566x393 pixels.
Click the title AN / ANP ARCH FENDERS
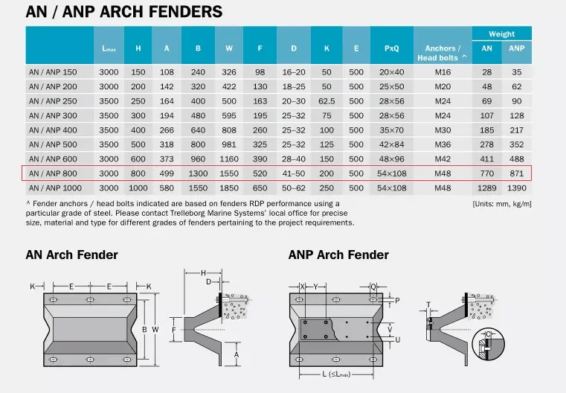click(x=123, y=12)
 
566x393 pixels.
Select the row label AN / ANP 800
click(x=53, y=173)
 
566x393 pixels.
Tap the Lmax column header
click(x=109, y=49)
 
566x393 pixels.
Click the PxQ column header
click(x=391, y=49)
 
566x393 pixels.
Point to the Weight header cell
click(x=501, y=34)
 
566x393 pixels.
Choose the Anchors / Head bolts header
click(x=443, y=53)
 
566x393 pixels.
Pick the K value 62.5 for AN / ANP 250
click(x=327, y=101)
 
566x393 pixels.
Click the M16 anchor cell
click(x=443, y=72)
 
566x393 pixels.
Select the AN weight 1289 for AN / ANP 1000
click(x=486, y=188)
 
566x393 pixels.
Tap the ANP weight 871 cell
click(x=516, y=173)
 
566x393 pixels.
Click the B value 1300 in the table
click(x=198, y=173)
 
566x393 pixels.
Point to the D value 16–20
click(x=294, y=72)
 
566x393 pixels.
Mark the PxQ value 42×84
click(x=391, y=144)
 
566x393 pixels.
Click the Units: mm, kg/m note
click(x=501, y=203)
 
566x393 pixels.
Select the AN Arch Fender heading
click(x=72, y=255)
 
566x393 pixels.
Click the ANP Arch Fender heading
click(x=338, y=255)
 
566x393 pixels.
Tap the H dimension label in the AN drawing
click(x=204, y=273)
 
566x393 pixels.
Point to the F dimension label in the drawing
click(x=173, y=328)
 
